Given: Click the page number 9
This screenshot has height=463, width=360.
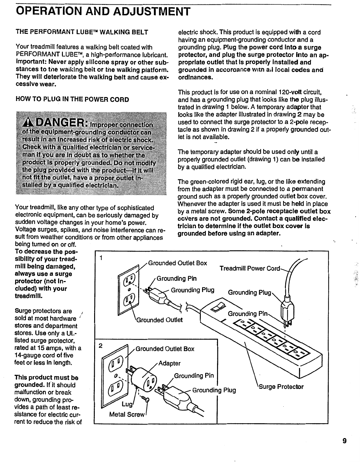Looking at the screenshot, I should (x=344, y=441).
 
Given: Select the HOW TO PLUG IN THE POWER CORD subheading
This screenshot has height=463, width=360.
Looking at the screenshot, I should (x=72, y=100).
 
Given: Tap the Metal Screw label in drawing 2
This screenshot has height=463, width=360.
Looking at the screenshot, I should (x=127, y=415).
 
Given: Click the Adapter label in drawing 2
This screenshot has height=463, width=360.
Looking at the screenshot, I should (x=170, y=363).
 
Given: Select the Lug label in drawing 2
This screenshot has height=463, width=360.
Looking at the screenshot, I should (x=127, y=404).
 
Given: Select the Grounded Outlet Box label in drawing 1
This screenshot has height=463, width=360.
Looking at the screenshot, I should (x=177, y=263).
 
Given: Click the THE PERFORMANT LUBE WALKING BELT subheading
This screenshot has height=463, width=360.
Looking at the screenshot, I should (x=82, y=32).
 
